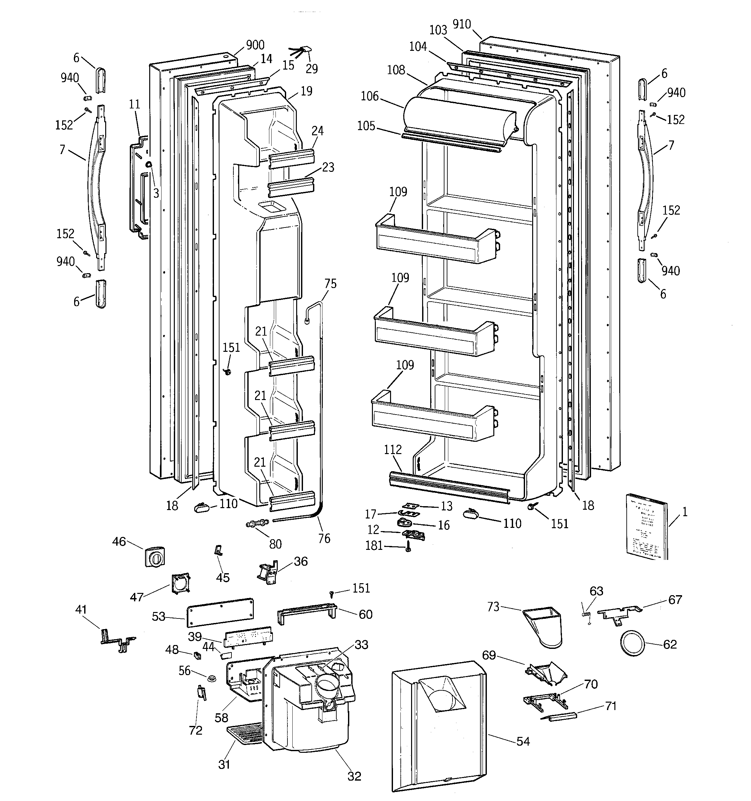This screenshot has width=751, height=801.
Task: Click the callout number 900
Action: click(x=255, y=45)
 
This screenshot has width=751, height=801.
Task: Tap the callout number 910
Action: click(x=462, y=25)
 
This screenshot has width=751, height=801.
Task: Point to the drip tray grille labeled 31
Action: click(x=244, y=732)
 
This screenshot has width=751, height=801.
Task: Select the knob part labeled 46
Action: click(x=154, y=557)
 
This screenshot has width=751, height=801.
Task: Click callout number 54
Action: click(x=523, y=741)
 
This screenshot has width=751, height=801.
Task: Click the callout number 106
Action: click(x=370, y=96)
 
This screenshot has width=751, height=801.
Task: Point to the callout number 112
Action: click(x=393, y=450)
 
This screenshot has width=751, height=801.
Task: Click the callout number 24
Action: click(x=317, y=131)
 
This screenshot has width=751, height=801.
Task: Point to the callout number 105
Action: click(x=366, y=126)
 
